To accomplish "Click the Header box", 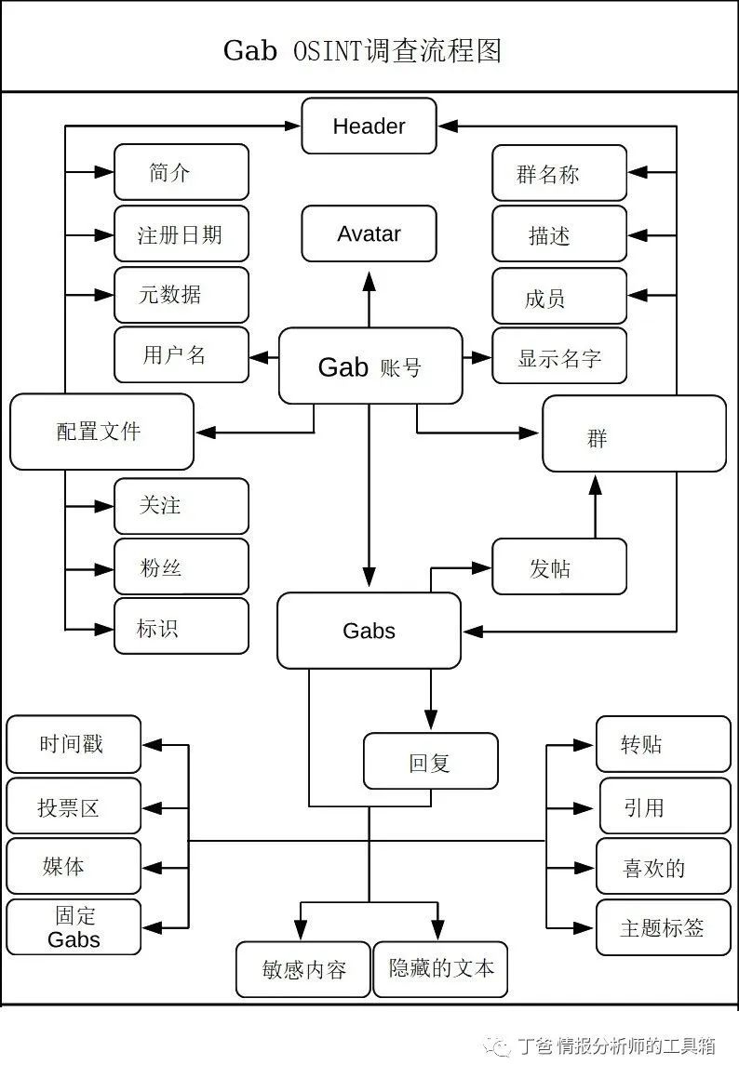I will pos(369,126).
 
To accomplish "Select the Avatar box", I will pos(369,233).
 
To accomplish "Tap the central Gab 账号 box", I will pos(370,366).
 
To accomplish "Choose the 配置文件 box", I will pos(101,432).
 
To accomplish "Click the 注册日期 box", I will pos(181,233).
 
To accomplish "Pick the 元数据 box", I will pos(181,295).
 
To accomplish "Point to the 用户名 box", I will pos(181,354).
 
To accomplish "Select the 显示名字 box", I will pos(559,356).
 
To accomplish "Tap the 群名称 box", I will pos(559,173).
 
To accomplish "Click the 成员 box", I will pos(559,297).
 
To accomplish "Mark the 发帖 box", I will pos(559,566).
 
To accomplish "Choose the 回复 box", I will pos(430,762).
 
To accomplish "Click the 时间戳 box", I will pos(74,744).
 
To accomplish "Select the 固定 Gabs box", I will pos(74,927).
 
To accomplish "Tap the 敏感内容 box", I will pos(303,969).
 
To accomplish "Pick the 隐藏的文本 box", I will pos(440,969).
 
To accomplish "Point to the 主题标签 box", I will pos(663,927).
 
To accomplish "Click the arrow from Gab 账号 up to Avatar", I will pos(369,298).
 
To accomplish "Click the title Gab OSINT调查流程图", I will pos(362,49).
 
